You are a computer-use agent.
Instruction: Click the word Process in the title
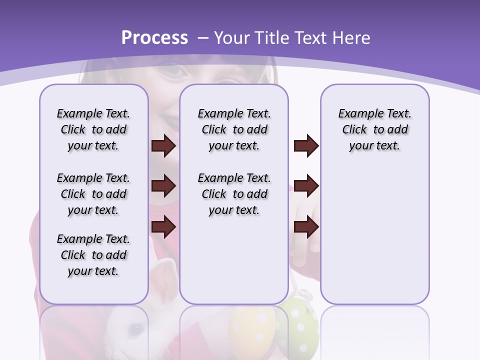click(x=154, y=38)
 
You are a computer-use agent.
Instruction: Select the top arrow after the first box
click(x=163, y=146)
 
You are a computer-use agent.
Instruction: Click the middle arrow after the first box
click(x=163, y=186)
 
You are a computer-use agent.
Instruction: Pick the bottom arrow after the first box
click(x=163, y=226)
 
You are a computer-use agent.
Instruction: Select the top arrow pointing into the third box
click(x=306, y=146)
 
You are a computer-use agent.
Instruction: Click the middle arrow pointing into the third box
click(x=306, y=186)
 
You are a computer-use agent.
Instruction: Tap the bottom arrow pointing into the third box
click(x=306, y=226)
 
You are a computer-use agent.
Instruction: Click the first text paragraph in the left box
click(x=93, y=129)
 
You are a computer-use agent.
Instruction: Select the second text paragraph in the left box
click(x=93, y=194)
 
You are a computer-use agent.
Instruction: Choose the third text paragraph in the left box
click(x=93, y=255)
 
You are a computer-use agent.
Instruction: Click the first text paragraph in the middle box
click(x=234, y=129)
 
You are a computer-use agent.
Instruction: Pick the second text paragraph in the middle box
click(x=234, y=194)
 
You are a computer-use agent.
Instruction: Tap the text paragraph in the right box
click(x=375, y=129)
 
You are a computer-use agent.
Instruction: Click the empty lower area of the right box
click(x=375, y=240)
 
